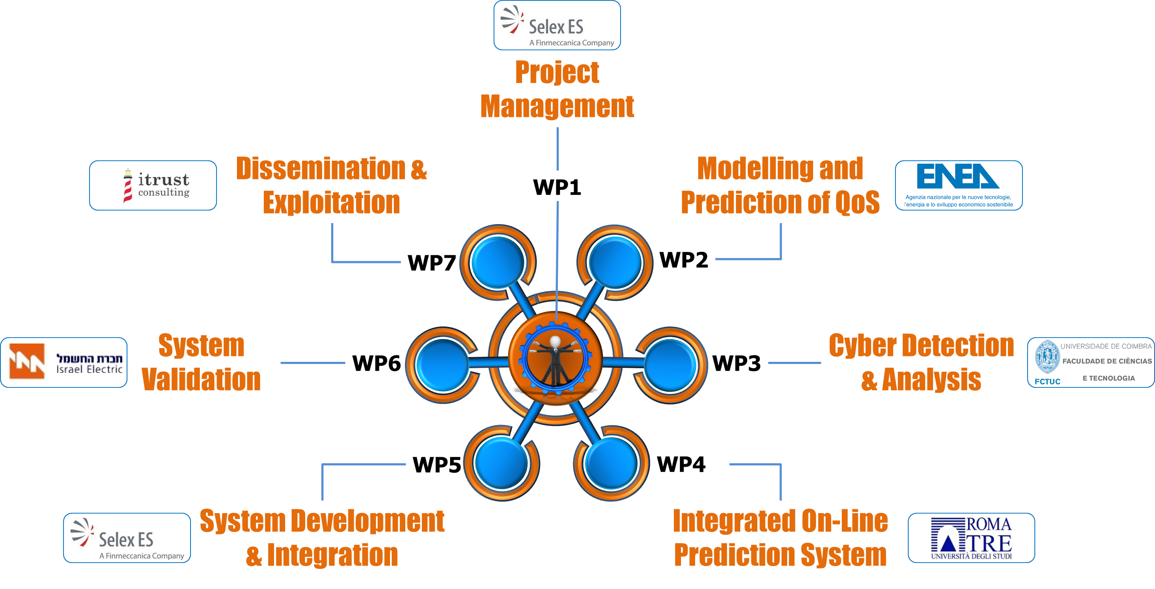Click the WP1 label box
coord(557,186)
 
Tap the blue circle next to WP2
coord(615,262)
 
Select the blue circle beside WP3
coord(670,364)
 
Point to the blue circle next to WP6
coord(442,364)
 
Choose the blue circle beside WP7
coord(498,262)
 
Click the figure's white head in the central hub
coord(555,341)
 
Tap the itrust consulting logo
coord(153,185)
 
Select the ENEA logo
coord(959,185)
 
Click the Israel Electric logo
coord(64,362)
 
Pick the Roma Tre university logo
coord(971,537)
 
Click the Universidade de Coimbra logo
coord(1091,362)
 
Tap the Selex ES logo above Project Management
coord(557,25)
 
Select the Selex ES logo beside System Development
coord(127,537)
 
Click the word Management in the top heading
coord(557,106)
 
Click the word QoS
coord(857,202)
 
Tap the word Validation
coord(201,379)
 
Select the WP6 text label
coord(376,363)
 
